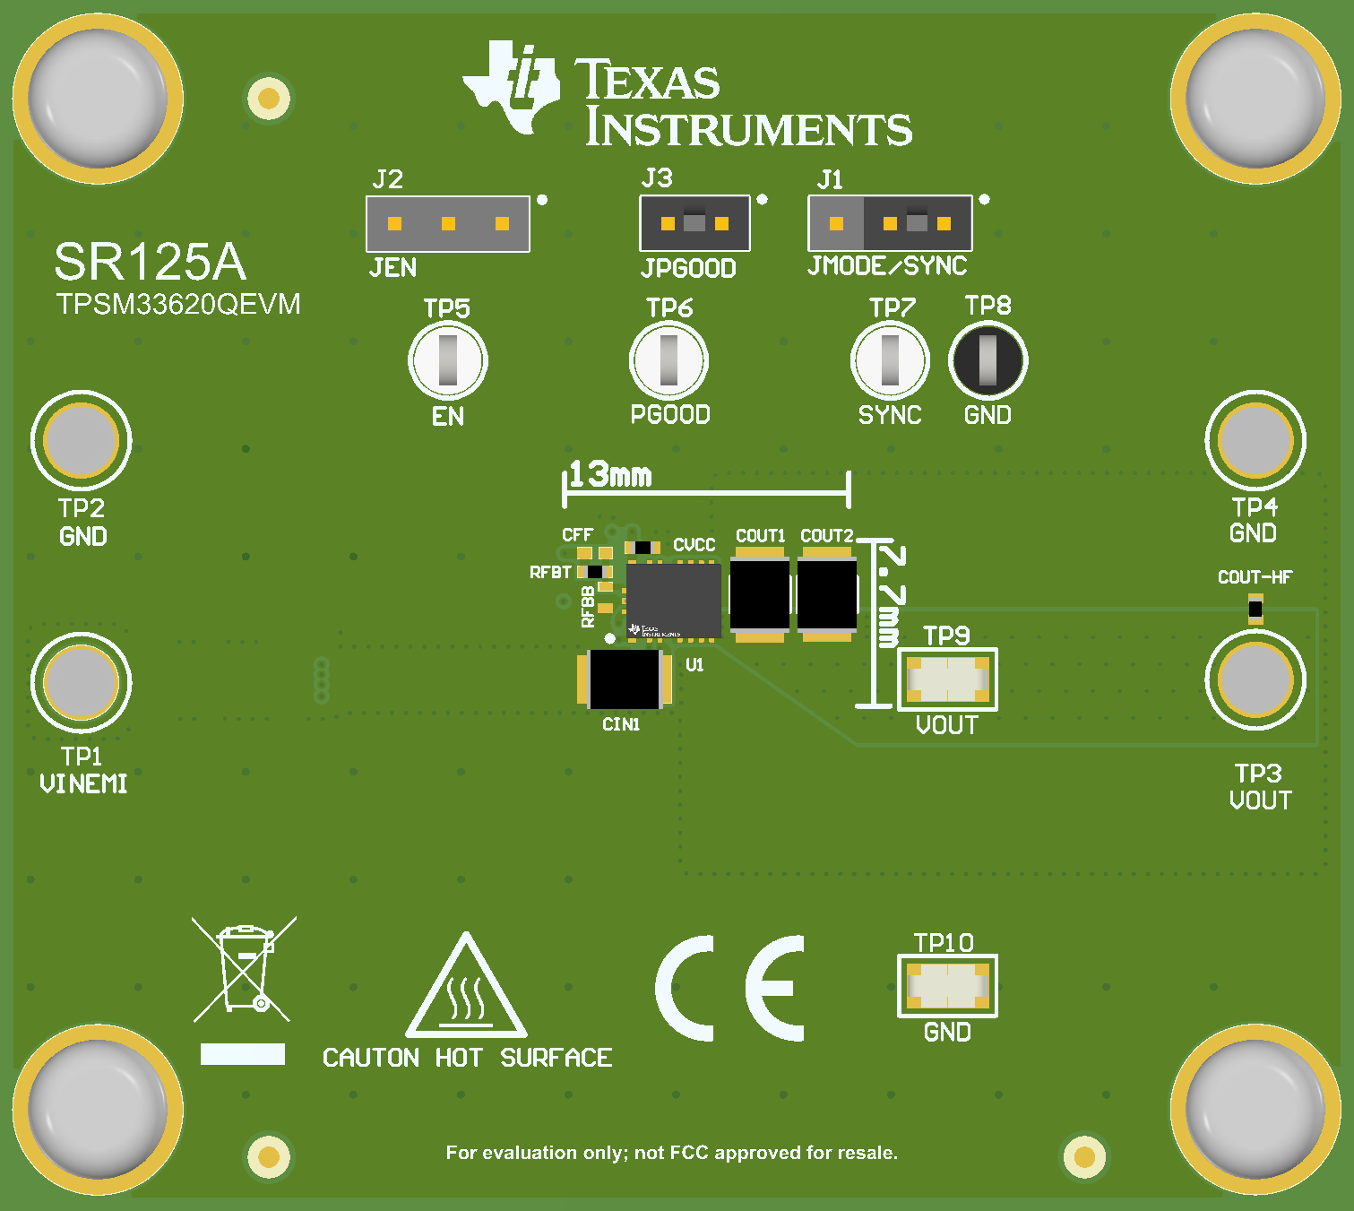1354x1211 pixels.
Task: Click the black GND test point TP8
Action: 987,360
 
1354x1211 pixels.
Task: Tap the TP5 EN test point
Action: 448,360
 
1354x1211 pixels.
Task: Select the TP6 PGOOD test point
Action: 668,360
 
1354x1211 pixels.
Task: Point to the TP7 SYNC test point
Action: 890,360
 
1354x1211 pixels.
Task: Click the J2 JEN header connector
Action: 448,223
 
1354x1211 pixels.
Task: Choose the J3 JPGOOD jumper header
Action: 695,223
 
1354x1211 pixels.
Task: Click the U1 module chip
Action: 674,601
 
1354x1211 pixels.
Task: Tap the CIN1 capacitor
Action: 625,679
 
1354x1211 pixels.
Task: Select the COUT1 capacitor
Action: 760,594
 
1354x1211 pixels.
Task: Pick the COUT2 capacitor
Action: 827,594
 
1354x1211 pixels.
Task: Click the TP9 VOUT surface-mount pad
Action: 947,679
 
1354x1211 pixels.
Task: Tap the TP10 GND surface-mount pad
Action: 947,986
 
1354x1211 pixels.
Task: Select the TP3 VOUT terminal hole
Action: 1255,680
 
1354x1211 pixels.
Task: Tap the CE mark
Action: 729,988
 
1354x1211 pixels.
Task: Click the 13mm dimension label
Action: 610,475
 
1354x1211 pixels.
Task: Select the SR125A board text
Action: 151,262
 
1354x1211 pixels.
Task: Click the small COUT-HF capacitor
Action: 1255,610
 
